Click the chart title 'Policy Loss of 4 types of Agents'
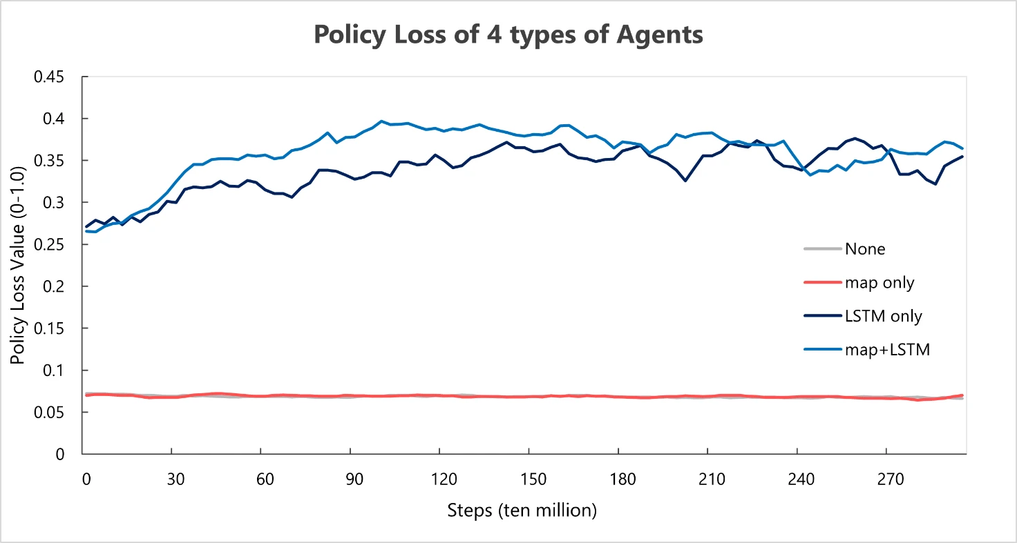[x=508, y=34]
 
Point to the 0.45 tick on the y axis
[x=49, y=77]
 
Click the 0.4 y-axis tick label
[x=54, y=119]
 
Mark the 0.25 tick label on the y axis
[x=49, y=245]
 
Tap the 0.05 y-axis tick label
[x=49, y=413]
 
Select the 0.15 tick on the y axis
[x=49, y=328]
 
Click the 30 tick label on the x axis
[x=175, y=479]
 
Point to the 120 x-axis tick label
[x=444, y=479]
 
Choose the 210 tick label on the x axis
[x=712, y=479]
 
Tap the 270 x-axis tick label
[x=891, y=479]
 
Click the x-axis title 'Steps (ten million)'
[x=522, y=511]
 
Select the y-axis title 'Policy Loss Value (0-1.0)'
[x=17, y=266]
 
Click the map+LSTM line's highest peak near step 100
[x=381, y=121]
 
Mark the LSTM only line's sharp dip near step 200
[x=685, y=181]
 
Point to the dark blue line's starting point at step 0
[x=86, y=226]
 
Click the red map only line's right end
[x=962, y=395]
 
